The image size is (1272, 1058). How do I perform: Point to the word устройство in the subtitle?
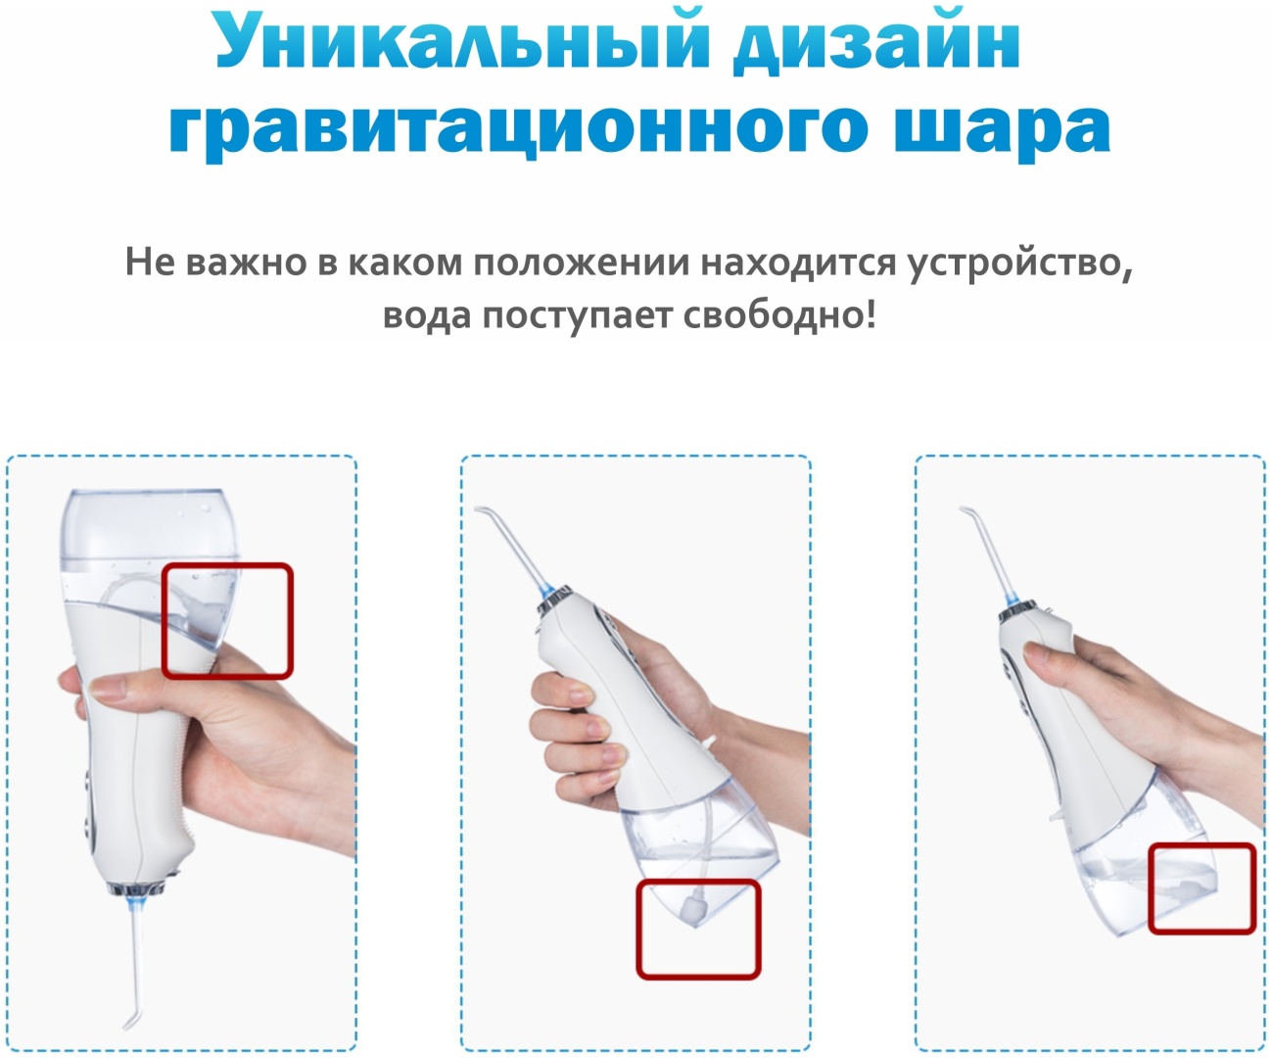[x=1020, y=264]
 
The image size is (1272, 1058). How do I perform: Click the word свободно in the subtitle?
[x=779, y=315]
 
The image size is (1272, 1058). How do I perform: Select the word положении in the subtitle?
[x=582, y=264]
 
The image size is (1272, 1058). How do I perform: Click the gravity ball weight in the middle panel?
[x=694, y=908]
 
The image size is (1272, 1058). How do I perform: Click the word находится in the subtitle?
[x=798, y=264]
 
